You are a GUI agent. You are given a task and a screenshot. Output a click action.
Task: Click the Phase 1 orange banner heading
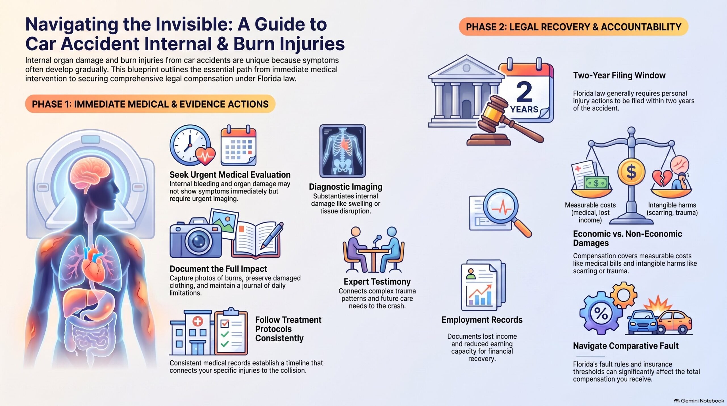tap(150, 104)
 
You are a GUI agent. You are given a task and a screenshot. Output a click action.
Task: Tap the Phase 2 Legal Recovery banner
tap(573, 27)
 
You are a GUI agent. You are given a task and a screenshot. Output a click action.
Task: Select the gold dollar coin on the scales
tap(631, 172)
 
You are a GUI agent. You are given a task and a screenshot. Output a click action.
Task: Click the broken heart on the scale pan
tap(661, 178)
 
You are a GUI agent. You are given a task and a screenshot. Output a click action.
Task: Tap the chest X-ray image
tap(342, 151)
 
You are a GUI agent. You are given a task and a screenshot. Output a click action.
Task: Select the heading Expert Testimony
tap(377, 282)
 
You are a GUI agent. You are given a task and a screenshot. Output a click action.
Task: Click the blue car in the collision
tap(643, 323)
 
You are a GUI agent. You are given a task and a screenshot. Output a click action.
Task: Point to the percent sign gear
tap(600, 313)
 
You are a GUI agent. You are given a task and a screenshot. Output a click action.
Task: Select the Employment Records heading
tap(482, 320)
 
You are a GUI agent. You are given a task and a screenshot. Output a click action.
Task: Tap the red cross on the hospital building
tap(198, 321)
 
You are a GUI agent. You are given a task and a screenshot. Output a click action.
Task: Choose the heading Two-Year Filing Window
tap(619, 75)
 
